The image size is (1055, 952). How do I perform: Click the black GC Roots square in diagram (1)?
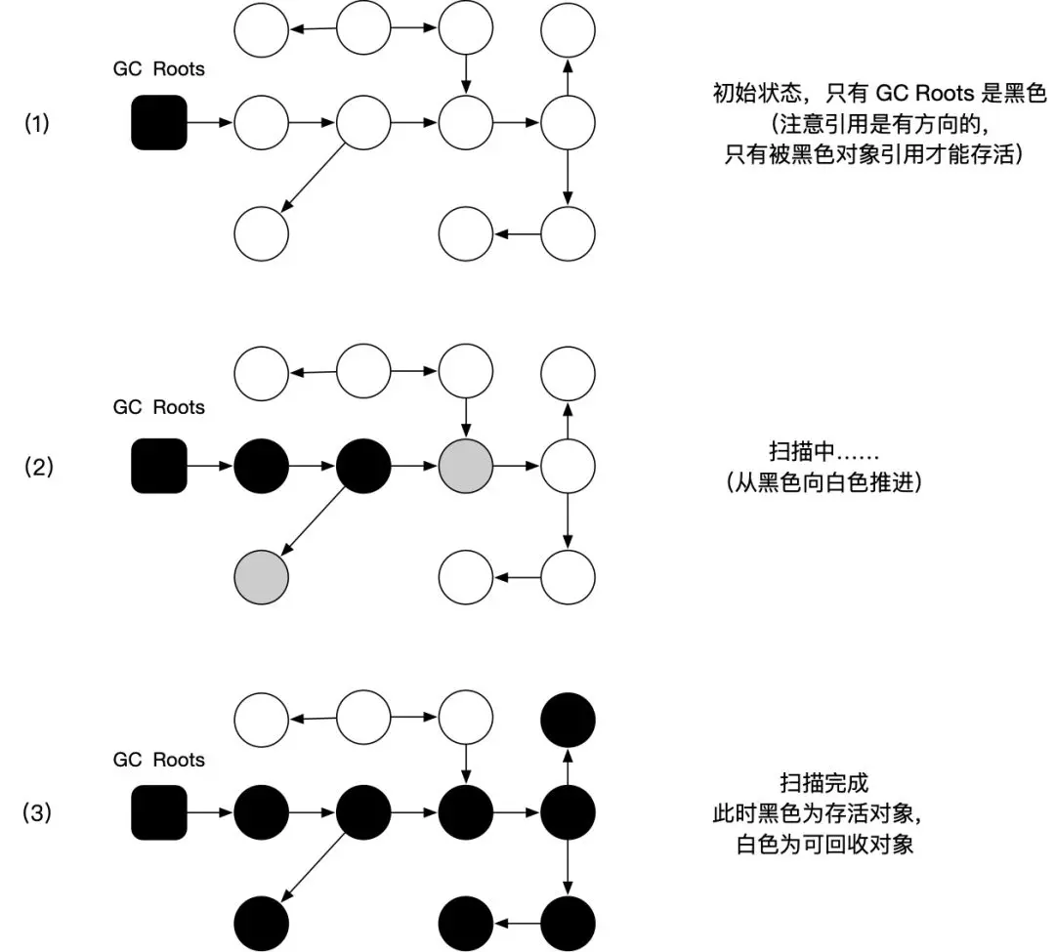pos(159,122)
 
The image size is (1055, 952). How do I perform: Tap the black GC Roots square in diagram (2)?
pos(159,466)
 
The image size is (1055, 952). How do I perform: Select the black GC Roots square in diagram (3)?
pos(159,812)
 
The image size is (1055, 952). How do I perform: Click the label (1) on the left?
pos(37,123)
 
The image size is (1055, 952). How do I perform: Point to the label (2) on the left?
pos(38,466)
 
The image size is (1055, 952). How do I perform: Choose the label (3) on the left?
pos(37,812)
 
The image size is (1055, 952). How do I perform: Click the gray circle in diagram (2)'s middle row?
pos(466,466)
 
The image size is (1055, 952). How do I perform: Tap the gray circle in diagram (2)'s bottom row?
pos(261,577)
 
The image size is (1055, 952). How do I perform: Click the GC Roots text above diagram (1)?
pos(159,68)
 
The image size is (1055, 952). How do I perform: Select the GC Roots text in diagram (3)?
pos(159,759)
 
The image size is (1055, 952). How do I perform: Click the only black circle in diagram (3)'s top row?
pos(568,720)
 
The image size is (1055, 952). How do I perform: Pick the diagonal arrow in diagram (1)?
pos(313,178)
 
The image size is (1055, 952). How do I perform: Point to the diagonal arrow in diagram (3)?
pos(313,867)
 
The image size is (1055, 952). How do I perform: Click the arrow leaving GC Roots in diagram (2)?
pos(210,466)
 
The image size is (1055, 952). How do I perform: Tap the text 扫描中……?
pos(823,450)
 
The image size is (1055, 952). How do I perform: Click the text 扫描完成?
pos(824,782)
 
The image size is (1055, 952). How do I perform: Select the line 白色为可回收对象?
pos(824,844)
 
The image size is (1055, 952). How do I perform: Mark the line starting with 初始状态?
pos(880,93)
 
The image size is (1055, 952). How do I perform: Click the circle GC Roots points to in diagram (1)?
pos(261,122)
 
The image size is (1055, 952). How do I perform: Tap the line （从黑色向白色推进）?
pos(823,482)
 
